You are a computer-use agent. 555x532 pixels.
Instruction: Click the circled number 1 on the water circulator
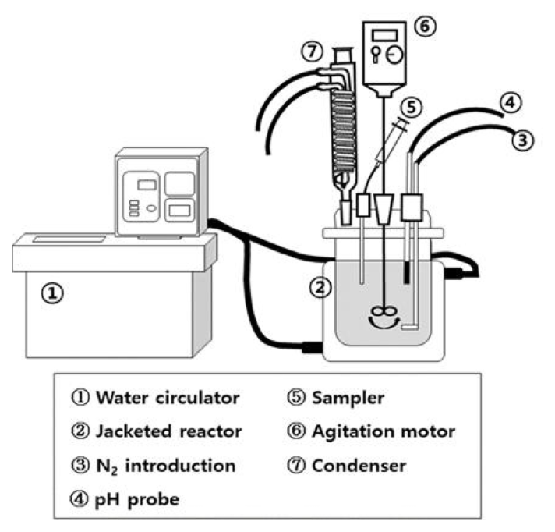point(51,293)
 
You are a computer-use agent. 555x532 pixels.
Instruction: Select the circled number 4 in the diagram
point(507,102)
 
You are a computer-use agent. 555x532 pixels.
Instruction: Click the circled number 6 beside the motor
point(426,25)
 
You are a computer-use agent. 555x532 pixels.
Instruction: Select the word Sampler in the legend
point(348,398)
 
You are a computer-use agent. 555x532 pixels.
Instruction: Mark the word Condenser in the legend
point(357,466)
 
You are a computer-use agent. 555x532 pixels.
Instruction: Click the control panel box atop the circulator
point(161,193)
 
